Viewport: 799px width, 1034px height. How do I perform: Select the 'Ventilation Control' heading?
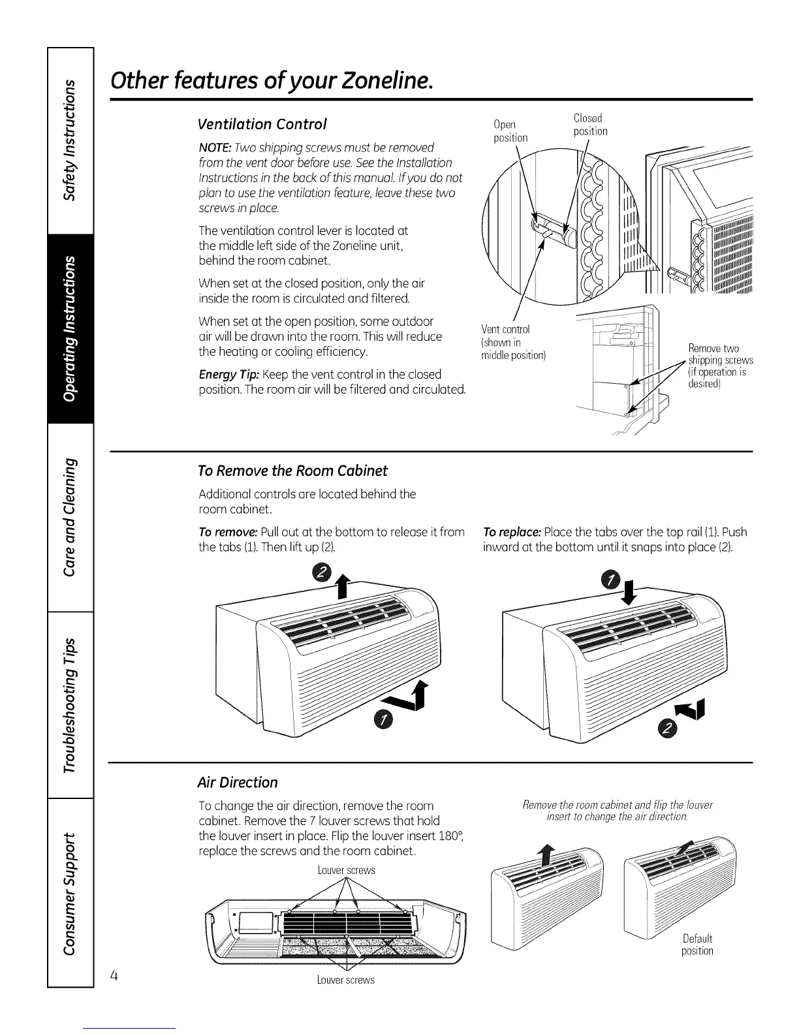pyautogui.click(x=262, y=124)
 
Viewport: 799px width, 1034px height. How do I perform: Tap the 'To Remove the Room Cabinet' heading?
pyautogui.click(x=292, y=471)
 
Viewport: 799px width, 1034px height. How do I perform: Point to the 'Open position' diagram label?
pyautogui.click(x=510, y=131)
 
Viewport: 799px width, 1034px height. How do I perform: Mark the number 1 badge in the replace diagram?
pyautogui.click(x=611, y=580)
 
